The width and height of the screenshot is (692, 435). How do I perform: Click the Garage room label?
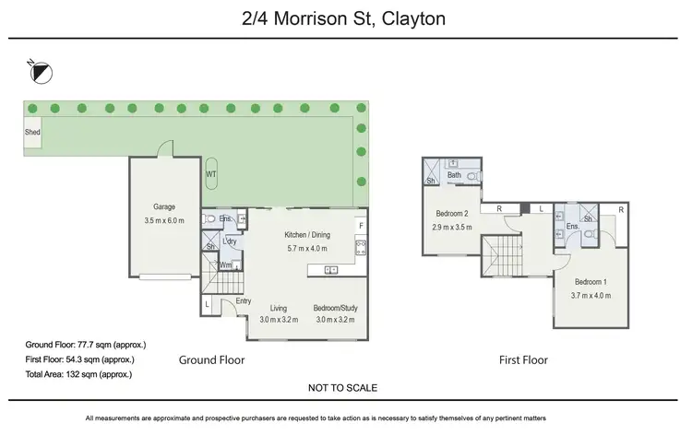click(163, 207)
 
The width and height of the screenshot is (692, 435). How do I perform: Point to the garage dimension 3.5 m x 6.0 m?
click(163, 220)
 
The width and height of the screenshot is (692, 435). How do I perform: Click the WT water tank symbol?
click(210, 173)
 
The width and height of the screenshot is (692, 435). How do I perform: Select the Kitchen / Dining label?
click(307, 235)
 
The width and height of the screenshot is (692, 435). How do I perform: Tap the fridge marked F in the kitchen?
click(361, 226)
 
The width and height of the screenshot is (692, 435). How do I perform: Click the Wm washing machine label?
click(224, 265)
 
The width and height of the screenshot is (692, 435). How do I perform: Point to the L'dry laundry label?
click(229, 241)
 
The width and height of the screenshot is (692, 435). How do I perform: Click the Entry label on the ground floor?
click(243, 301)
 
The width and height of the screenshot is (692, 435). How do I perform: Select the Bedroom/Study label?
click(336, 308)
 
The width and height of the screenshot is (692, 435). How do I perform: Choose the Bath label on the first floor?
click(454, 175)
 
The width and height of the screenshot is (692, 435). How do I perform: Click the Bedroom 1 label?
click(591, 282)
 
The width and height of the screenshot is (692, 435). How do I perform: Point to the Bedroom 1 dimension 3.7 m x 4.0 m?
click(591, 295)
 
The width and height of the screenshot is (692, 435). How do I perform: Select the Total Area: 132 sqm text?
click(78, 374)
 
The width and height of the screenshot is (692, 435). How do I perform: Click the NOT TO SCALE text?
click(343, 388)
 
